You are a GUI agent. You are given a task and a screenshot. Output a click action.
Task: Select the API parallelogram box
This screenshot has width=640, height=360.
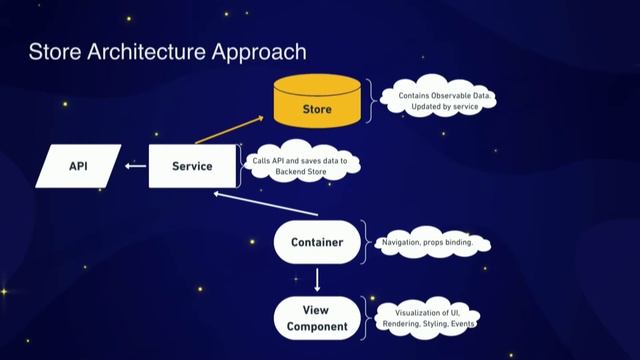pyautogui.click(x=78, y=166)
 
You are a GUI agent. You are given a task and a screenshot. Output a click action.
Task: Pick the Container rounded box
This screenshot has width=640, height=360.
pyautogui.click(x=316, y=242)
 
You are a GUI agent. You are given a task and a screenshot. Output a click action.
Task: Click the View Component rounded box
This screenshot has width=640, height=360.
pyautogui.click(x=316, y=317)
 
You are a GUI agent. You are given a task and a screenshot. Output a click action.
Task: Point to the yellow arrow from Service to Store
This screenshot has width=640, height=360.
pyautogui.click(x=228, y=130)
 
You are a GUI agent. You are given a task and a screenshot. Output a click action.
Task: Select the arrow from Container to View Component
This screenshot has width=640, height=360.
pyautogui.click(x=316, y=279)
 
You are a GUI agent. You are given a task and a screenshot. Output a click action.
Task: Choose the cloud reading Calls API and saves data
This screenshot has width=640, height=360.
pyautogui.click(x=300, y=166)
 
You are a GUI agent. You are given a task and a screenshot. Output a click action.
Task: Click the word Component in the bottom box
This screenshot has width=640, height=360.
pyautogui.click(x=316, y=326)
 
